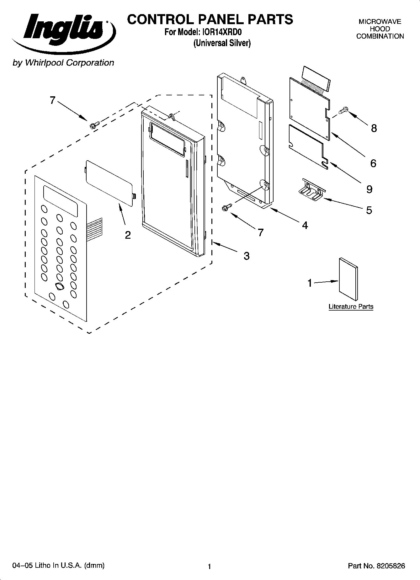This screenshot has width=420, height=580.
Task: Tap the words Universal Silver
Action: click(222, 43)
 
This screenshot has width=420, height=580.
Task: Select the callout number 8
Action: click(374, 128)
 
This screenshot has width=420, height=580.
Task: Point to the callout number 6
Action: click(373, 163)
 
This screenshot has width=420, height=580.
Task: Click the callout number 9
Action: click(369, 189)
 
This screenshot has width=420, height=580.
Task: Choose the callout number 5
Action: click(369, 210)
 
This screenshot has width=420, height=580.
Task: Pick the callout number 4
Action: click(305, 225)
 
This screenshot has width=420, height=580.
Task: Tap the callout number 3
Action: click(247, 256)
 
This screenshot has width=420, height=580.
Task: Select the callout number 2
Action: click(128, 235)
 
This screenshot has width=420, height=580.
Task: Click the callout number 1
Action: click(310, 283)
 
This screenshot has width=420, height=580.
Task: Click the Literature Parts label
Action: click(351, 306)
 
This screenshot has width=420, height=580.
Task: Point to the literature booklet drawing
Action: click(348, 279)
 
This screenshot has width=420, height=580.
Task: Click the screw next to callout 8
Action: click(343, 110)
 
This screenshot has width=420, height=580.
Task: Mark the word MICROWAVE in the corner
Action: click(380, 22)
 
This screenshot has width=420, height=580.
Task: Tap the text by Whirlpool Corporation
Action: click(63, 63)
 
